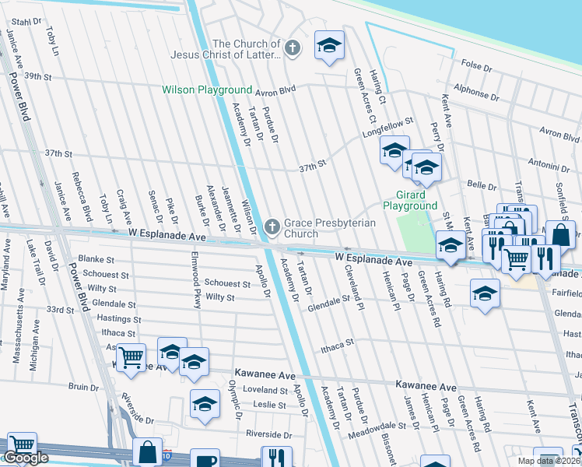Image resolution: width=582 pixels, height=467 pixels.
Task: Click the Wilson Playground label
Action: [x=207, y=90]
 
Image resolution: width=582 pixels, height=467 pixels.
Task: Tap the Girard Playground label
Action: [x=410, y=200]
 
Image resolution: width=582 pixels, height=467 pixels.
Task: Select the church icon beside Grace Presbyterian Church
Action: [x=272, y=226]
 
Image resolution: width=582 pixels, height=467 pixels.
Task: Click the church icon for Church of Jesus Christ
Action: [x=293, y=49]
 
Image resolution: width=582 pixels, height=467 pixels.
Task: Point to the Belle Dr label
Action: [x=481, y=186]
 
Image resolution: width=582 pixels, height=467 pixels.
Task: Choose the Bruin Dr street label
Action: [x=83, y=385]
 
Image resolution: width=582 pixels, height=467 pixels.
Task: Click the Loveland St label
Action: [x=265, y=389]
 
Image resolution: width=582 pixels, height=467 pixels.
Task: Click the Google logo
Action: [x=26, y=458]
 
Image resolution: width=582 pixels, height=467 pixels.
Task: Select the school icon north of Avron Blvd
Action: [x=329, y=46]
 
